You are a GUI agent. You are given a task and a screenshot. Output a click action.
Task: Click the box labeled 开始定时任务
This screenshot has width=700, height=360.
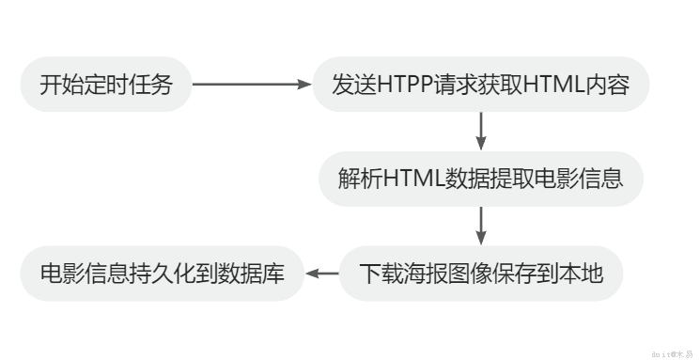coord(106,85)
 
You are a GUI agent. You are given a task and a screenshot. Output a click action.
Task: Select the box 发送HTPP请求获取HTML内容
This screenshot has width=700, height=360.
coord(480,85)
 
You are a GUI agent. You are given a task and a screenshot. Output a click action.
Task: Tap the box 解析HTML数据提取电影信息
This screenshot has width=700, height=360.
coord(480,179)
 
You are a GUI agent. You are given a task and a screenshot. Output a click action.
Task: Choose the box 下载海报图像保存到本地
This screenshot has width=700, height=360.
coord(480,274)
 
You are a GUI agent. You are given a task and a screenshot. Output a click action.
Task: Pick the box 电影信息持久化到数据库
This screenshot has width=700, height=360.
coord(162,274)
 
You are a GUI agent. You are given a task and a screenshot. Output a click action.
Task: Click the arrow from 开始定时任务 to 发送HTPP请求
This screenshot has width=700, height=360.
coord(252,85)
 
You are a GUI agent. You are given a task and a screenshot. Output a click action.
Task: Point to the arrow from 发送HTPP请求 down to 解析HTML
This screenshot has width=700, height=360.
coord(481,132)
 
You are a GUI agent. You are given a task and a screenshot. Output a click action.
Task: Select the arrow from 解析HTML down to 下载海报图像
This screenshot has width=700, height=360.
coord(481,226)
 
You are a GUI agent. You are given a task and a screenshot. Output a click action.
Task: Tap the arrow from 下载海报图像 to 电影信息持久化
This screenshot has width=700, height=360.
coord(322,274)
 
